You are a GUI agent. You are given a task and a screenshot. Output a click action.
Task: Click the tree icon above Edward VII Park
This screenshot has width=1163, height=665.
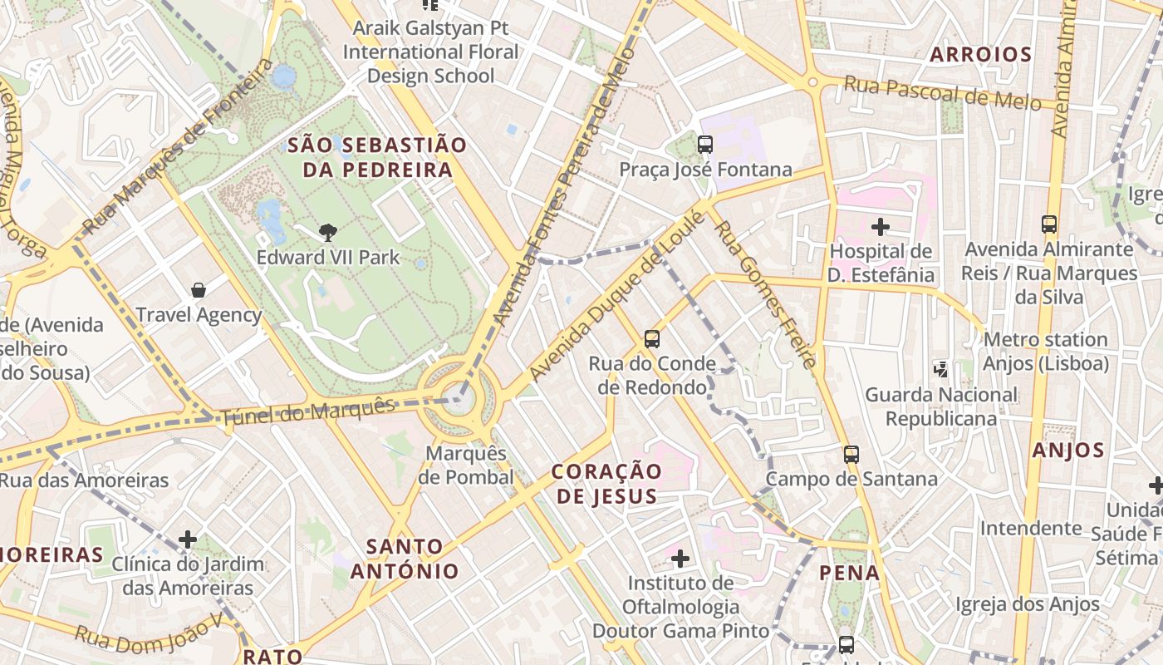pos(328,233)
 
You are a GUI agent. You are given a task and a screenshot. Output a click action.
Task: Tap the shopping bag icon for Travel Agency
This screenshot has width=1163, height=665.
pos(199,290)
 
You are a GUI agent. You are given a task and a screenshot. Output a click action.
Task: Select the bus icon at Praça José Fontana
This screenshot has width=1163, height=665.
pos(705,145)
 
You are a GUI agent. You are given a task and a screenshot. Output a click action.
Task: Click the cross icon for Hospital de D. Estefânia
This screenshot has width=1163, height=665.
pos(881,226)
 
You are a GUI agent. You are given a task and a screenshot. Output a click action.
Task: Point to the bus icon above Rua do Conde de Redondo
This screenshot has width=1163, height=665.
pos(652,338)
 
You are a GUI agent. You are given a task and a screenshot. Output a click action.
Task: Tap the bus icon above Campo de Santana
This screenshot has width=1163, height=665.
pos(851,454)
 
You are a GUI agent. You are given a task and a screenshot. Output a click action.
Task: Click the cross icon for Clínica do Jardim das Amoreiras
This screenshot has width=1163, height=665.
pos(188,539)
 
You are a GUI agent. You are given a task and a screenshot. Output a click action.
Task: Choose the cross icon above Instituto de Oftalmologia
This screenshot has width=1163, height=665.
pos(680,558)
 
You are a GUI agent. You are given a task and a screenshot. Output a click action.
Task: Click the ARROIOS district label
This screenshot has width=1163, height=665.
pos(980,55)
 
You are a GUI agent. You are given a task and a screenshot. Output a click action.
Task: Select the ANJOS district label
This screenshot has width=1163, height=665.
pos(1068,451)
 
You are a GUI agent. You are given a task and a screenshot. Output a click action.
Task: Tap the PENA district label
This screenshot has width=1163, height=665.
pos(849,573)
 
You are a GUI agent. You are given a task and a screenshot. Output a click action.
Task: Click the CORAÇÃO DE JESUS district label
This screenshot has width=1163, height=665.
pos(607,484)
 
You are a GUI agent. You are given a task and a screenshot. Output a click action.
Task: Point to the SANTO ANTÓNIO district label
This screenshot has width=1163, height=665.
pos(405,559)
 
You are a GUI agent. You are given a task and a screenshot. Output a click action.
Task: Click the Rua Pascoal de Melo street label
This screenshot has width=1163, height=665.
pos(942,92)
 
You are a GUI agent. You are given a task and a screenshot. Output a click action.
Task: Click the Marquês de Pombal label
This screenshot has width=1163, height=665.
pos(465,465)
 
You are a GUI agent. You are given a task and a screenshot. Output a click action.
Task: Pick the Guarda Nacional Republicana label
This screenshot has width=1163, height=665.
pos(941,406)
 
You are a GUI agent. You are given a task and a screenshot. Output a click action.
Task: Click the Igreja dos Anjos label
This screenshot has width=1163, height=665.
pos(1028,604)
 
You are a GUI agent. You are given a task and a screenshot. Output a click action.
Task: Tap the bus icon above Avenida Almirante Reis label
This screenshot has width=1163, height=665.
pos(1049,224)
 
